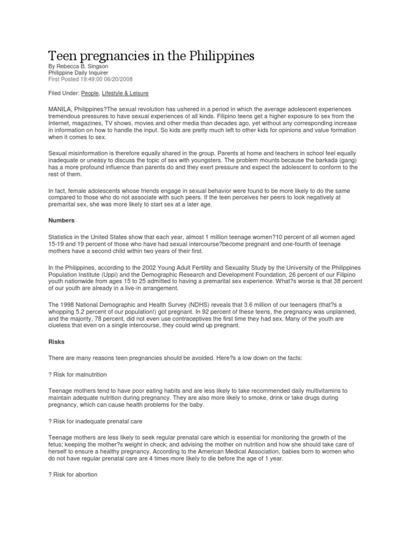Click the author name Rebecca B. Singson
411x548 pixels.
coord(82,67)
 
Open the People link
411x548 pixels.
coord(89,93)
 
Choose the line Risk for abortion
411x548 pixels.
coord(74,475)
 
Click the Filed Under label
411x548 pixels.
coord(64,93)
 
